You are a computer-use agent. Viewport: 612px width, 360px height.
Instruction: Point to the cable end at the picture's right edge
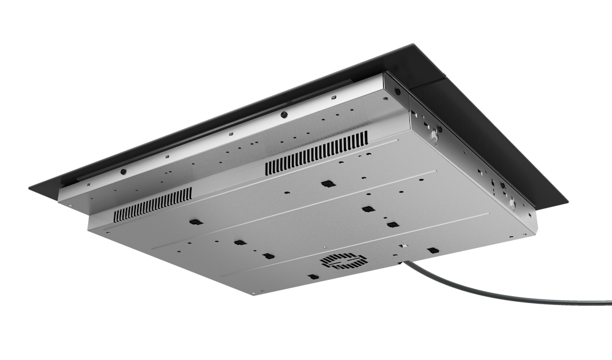click(x=608, y=301)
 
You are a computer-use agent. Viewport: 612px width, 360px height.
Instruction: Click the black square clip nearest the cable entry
click(x=433, y=250)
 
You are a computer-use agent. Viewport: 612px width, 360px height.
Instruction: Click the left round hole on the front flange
click(x=123, y=172)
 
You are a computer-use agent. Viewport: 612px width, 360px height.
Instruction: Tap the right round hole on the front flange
click(x=283, y=114)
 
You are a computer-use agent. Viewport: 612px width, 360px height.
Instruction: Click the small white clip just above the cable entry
click(x=403, y=246)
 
